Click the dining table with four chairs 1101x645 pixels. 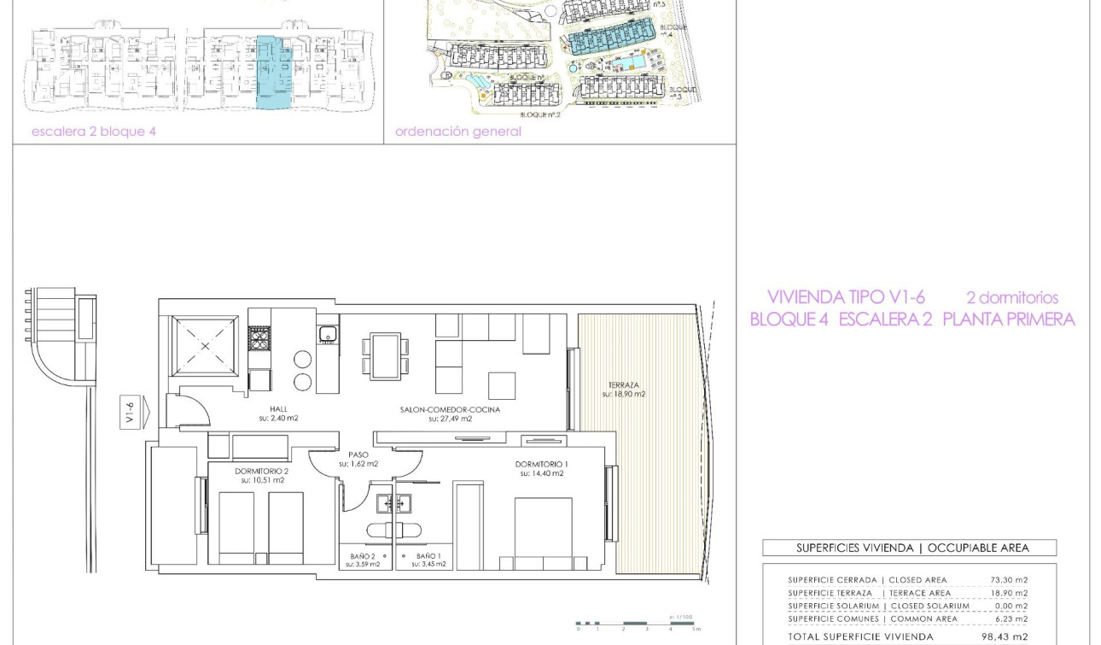(x=385, y=356)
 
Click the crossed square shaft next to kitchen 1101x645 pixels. (x=206, y=346)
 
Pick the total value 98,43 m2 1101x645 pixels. (x=1005, y=636)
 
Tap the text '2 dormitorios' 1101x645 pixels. (x=1011, y=298)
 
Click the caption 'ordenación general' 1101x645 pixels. (x=457, y=132)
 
